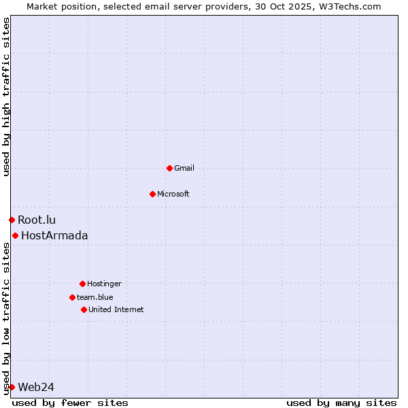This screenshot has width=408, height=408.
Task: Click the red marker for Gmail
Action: tap(169, 168)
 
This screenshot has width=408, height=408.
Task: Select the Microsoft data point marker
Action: tap(152, 194)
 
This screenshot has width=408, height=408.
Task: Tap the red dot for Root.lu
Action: tap(12, 220)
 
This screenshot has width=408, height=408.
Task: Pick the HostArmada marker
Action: tap(15, 235)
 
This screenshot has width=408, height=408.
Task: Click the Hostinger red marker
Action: tap(82, 284)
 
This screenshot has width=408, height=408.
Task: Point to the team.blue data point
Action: tap(72, 297)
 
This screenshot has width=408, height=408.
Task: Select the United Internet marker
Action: tap(84, 309)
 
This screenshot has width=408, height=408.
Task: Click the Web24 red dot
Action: tap(12, 387)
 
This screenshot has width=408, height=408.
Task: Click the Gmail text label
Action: tap(184, 168)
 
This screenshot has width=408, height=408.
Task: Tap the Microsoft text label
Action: tap(173, 194)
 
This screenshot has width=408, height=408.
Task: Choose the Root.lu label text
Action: tap(37, 220)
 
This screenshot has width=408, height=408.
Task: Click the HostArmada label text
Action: tap(54, 235)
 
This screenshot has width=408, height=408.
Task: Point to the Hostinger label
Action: tap(104, 284)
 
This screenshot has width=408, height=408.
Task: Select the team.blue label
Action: tap(95, 297)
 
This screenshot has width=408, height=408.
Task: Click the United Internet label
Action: tap(116, 309)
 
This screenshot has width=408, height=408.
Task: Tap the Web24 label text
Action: tap(36, 387)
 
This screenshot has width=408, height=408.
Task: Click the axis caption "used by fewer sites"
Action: tap(70, 403)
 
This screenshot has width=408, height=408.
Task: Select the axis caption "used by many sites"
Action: tap(341, 403)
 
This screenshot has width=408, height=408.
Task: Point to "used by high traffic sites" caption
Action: tap(7, 97)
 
